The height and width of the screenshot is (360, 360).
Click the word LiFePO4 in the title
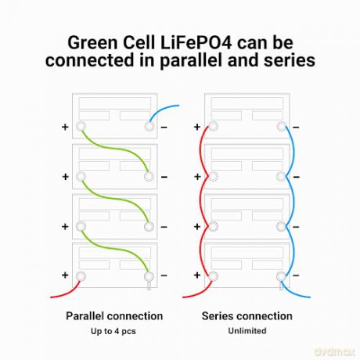point(196,43)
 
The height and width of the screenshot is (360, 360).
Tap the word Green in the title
point(92,43)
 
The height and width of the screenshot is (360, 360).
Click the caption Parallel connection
point(114,316)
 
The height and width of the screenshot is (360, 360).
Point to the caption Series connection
point(247,316)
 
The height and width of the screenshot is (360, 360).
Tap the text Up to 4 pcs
point(113,331)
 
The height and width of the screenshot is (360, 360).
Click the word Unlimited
point(247,331)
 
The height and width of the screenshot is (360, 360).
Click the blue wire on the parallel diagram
point(162,110)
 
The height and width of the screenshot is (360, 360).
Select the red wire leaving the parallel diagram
point(67,292)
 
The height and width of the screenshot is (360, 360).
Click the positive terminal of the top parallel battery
point(81,127)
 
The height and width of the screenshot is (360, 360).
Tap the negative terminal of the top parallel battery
point(149,127)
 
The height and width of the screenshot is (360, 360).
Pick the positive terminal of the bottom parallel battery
point(81,276)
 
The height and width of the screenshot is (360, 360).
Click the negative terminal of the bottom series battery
point(281,276)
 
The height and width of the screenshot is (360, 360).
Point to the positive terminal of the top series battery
point(213,127)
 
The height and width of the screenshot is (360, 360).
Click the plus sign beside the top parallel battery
point(65,127)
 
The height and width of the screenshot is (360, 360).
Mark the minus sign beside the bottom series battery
point(296,275)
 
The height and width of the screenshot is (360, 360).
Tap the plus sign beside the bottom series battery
point(197,275)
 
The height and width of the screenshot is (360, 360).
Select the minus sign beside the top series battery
point(296,128)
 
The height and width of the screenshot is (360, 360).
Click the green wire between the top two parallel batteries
point(115,149)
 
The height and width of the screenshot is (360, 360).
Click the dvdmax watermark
point(334,352)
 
